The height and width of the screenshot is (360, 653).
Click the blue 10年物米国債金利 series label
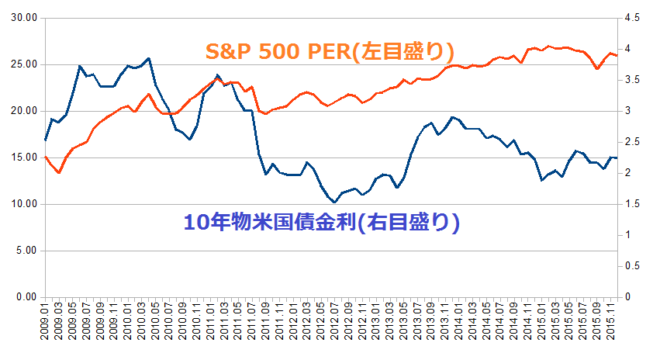tap(323, 223)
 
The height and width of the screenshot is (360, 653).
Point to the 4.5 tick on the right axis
tap(632, 18)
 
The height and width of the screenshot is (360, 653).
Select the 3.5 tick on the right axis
tap(632, 80)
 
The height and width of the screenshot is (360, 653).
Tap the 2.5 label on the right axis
tap(632, 142)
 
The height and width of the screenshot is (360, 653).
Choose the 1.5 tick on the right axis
tap(632, 204)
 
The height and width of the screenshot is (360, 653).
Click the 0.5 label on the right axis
tap(632, 266)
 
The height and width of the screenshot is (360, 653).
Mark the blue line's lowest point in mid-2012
tap(334, 202)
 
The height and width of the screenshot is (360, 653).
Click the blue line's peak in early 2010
tap(148, 58)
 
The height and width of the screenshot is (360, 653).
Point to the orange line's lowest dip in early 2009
tap(59, 172)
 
